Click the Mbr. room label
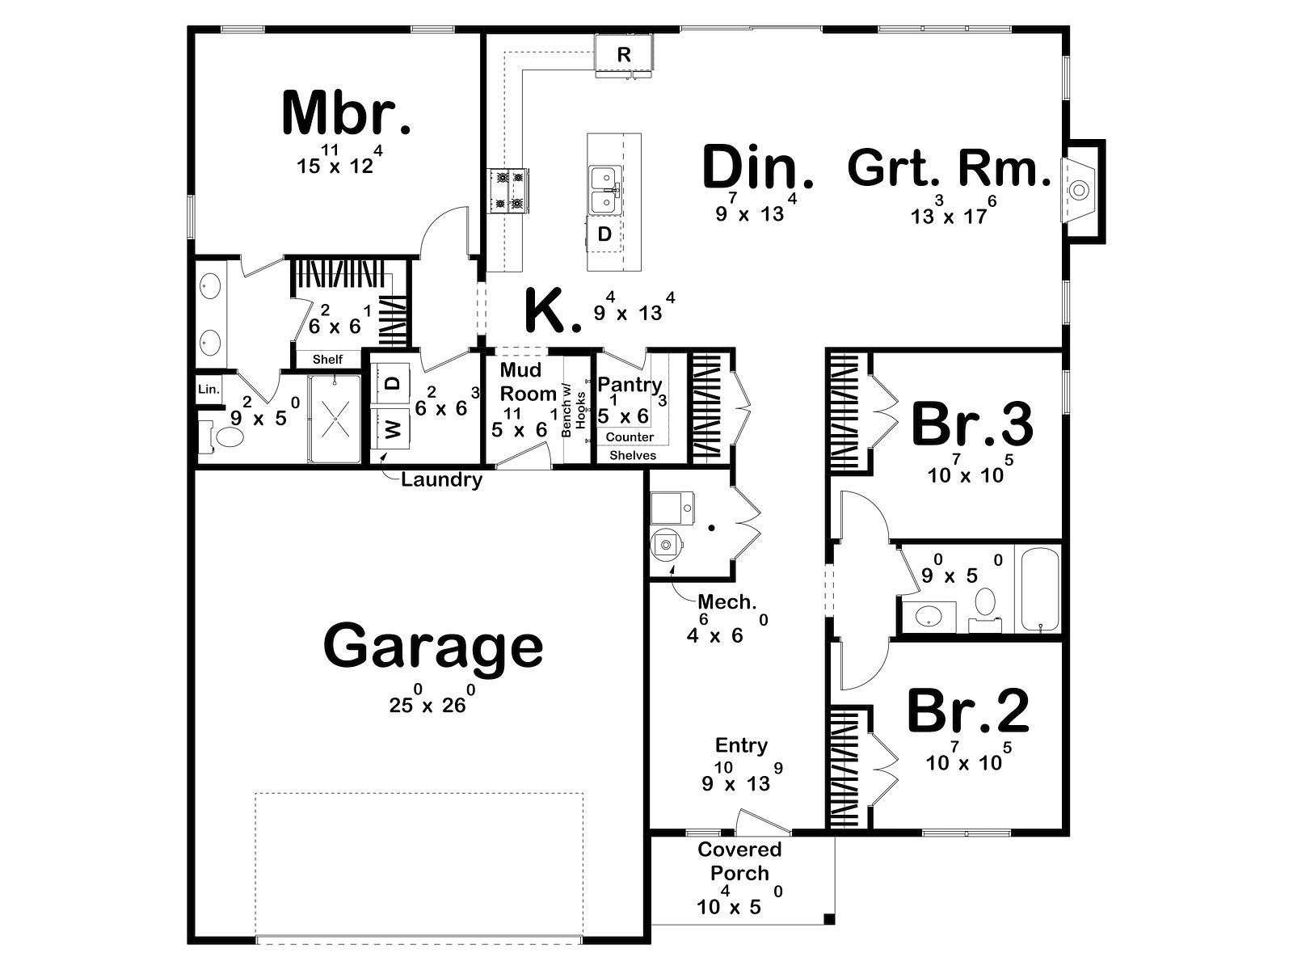347,113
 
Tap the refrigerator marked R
623,55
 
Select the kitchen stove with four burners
508,190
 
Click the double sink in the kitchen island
604,191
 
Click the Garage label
433,647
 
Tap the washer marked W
392,428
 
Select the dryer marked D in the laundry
392,383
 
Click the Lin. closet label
208,390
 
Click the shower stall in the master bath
335,419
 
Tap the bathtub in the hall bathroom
1040,589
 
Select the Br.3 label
972,425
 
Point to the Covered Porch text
740,861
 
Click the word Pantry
630,386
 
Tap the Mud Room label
528,382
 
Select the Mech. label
727,602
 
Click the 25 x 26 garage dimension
427,701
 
